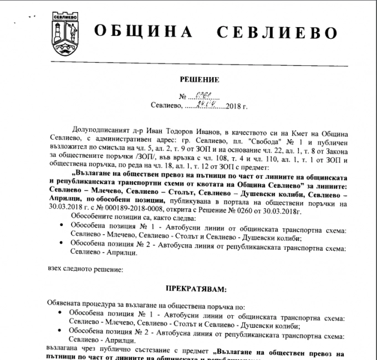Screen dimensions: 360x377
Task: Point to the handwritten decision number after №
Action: (213, 95)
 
